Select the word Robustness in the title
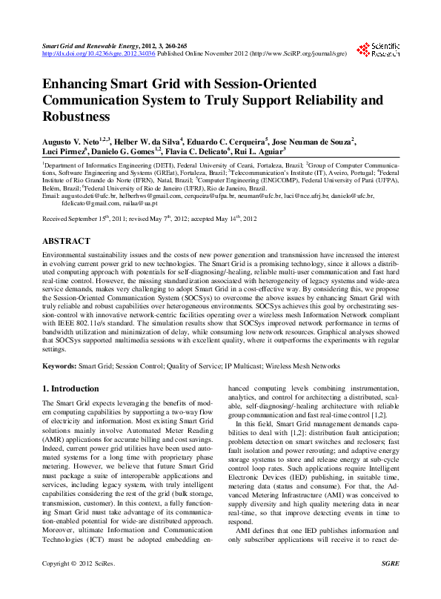[76, 116]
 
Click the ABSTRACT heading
[67, 241]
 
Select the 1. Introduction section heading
[70, 388]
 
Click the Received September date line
[149, 220]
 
